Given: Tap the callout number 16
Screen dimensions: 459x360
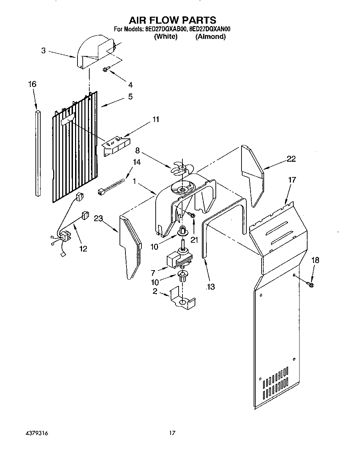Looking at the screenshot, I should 32,84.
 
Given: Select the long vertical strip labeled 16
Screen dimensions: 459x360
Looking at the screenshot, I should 38,153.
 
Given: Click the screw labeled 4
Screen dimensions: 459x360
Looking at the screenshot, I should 106,70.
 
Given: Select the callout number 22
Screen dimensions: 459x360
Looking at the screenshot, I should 291,159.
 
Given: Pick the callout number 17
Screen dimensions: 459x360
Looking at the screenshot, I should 292,180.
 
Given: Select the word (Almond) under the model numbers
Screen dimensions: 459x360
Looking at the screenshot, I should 210,37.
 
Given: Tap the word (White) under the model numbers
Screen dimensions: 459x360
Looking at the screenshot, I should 166,37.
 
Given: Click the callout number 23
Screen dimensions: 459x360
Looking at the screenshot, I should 98,218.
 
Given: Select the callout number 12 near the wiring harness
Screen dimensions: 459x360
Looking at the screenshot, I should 83,249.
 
